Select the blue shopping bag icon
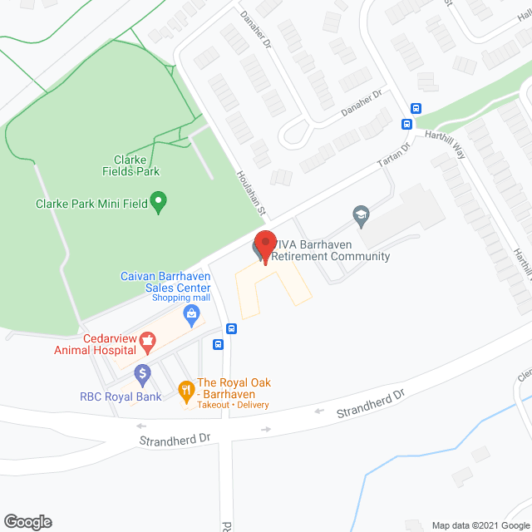point(192,313)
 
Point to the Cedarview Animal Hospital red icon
point(147,338)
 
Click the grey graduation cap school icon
point(361,215)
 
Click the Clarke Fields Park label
point(137,165)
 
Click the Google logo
point(27,521)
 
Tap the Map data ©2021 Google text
point(480,525)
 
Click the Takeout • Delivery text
point(233,405)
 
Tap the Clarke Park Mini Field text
point(91,203)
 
